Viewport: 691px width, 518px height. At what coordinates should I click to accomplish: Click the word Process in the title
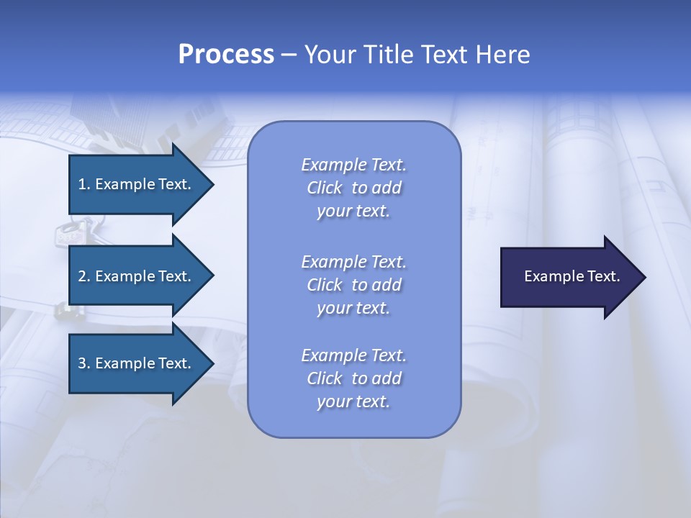pyautogui.click(x=226, y=55)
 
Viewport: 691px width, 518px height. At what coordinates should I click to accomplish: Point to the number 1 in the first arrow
pyautogui.click(x=81, y=184)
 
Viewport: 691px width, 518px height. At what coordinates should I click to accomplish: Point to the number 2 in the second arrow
pyautogui.click(x=82, y=276)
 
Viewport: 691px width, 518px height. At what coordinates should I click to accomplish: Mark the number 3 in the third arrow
pyautogui.click(x=82, y=363)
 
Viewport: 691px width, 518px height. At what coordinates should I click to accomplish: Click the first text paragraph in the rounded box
pyautogui.click(x=353, y=188)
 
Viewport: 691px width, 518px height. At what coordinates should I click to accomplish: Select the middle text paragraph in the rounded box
pyautogui.click(x=353, y=285)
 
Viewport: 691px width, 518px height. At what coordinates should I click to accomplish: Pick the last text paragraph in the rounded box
pyautogui.click(x=353, y=378)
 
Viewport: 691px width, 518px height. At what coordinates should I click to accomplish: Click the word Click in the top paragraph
pyautogui.click(x=324, y=188)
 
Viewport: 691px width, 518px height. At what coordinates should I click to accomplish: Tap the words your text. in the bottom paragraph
pyautogui.click(x=353, y=401)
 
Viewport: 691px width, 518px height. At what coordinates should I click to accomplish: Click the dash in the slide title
pyautogui.click(x=289, y=55)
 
